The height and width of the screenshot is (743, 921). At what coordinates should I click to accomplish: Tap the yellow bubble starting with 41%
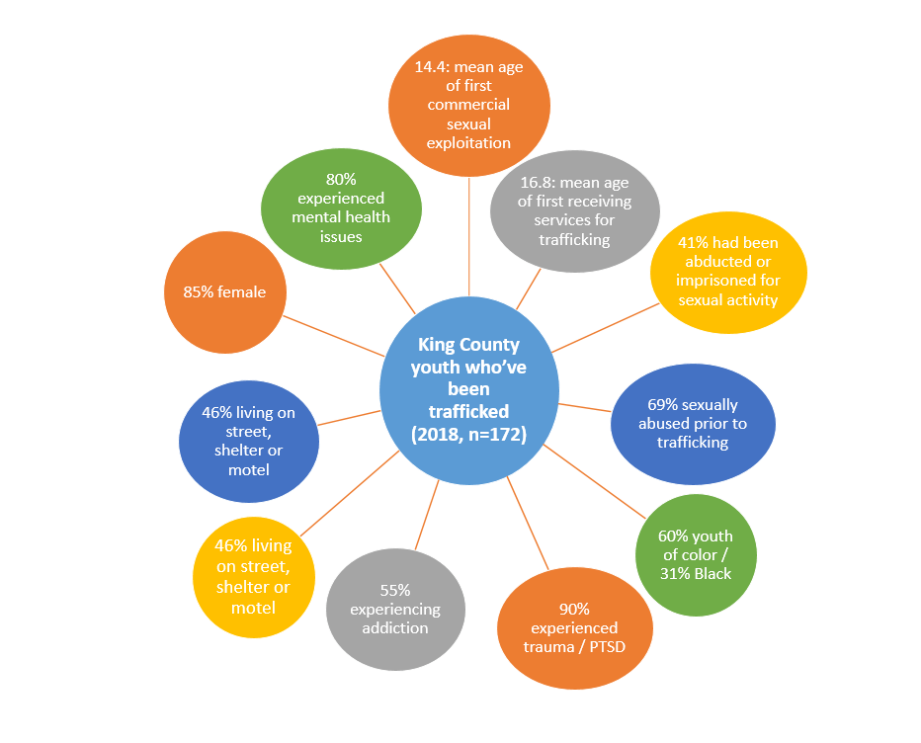[x=728, y=272]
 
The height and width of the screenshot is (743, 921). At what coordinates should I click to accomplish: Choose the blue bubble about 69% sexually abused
[x=693, y=423]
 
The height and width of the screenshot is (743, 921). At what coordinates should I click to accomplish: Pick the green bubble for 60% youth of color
[x=697, y=554]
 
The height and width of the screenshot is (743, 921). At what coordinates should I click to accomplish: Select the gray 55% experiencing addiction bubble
[x=395, y=609]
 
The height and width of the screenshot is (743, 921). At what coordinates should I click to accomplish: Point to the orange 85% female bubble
[x=224, y=292]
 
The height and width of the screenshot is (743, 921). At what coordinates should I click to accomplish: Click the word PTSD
[x=605, y=647]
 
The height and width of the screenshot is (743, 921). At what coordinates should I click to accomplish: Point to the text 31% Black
[x=698, y=572]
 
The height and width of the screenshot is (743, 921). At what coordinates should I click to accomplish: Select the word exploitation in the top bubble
[x=468, y=142]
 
